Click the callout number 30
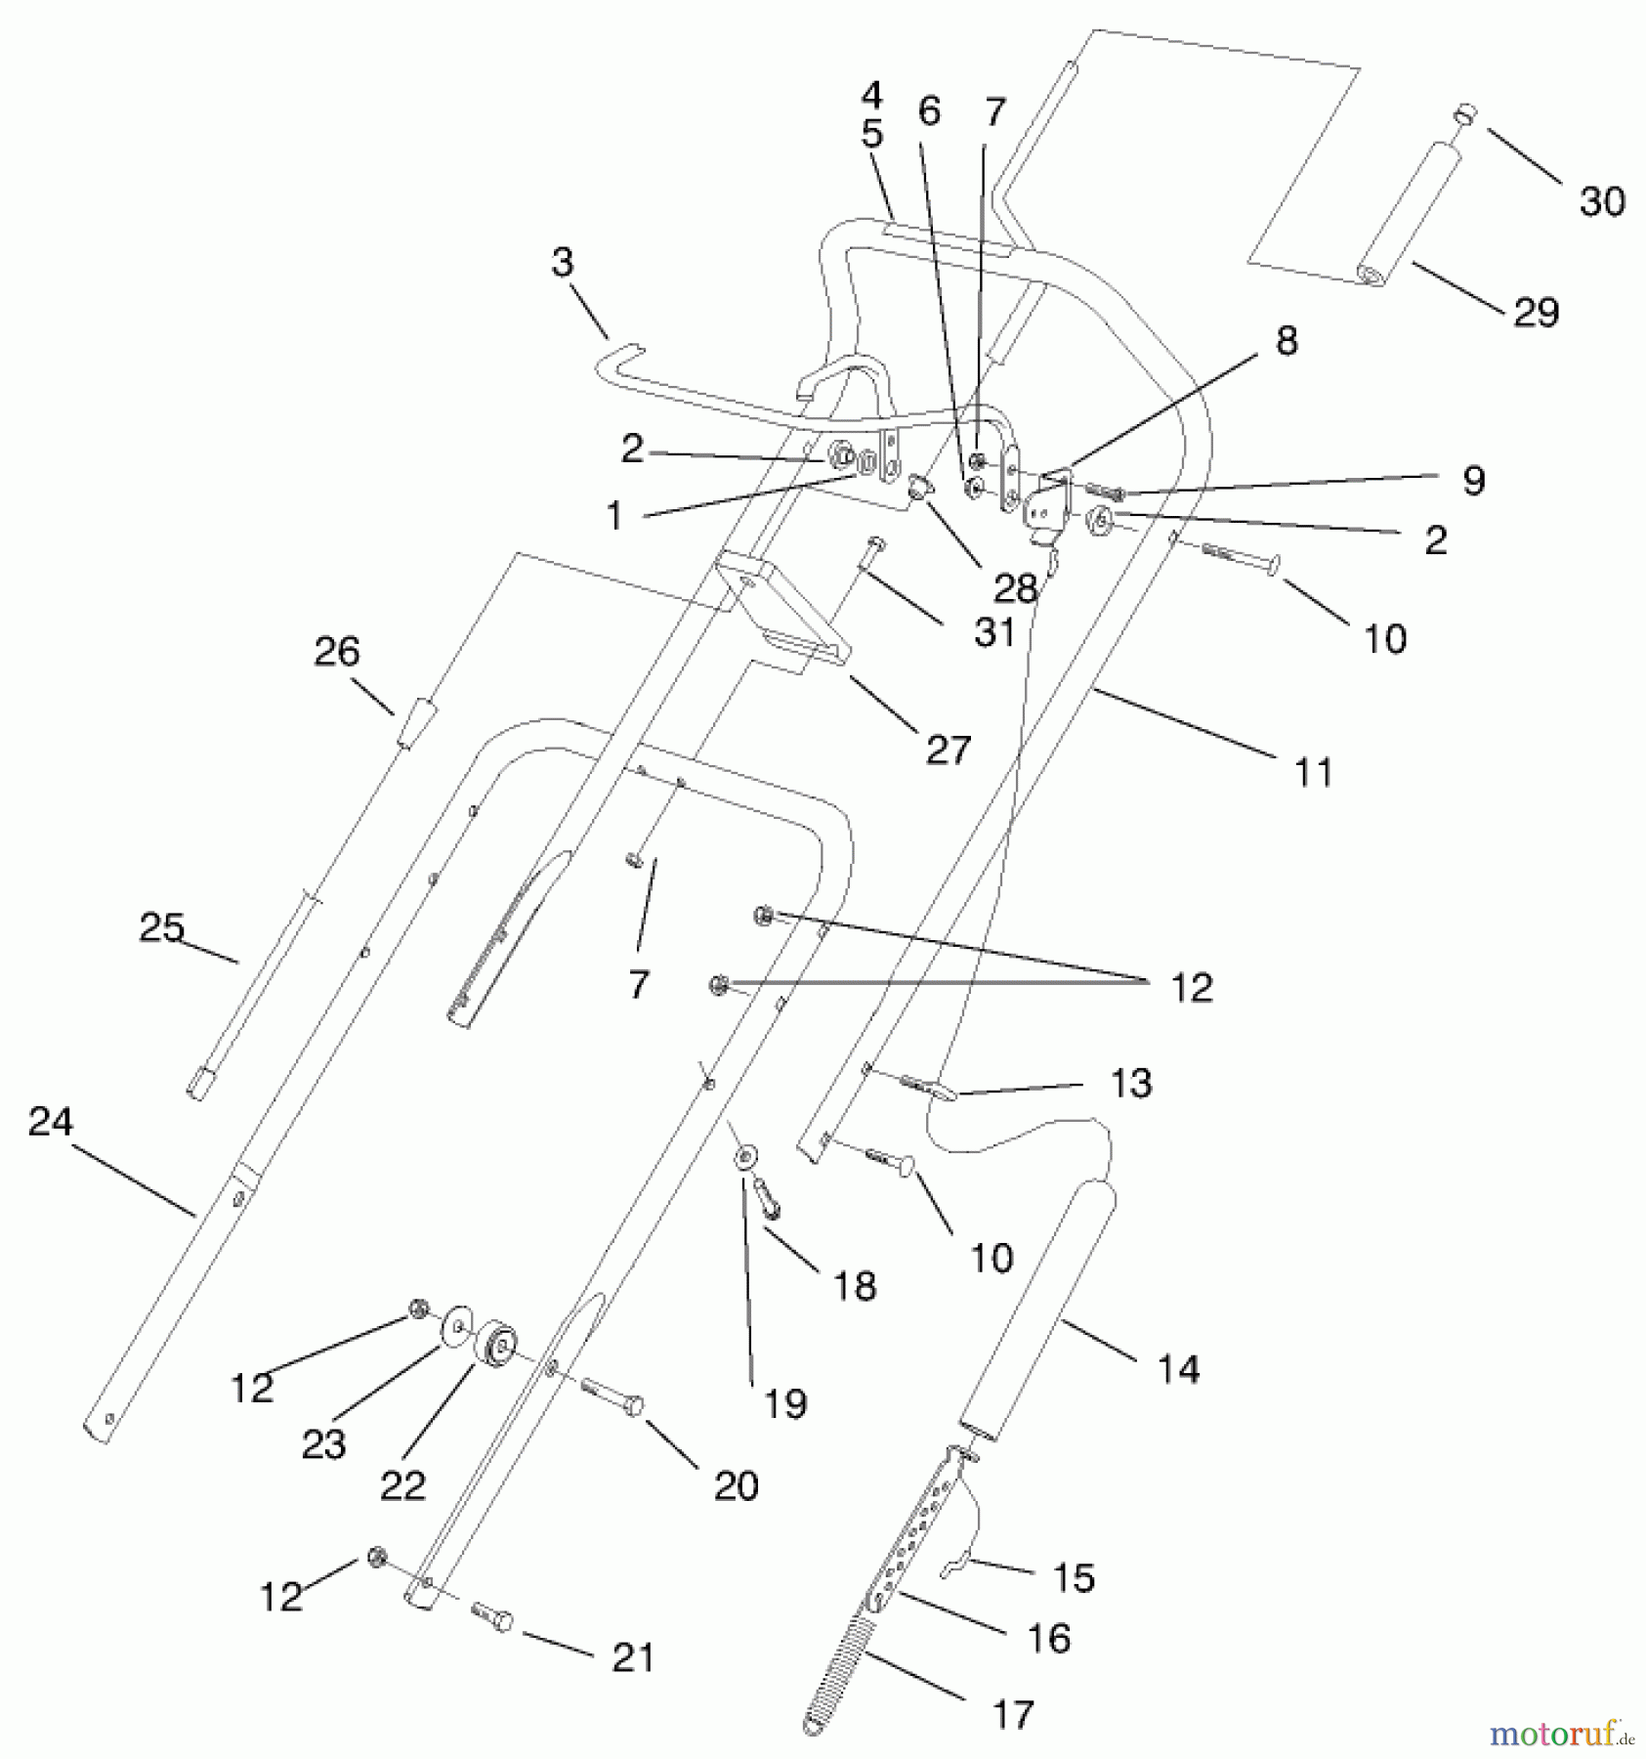pos(1601,201)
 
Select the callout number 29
pos(1535,313)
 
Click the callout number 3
pos(563,262)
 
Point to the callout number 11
pos(1313,773)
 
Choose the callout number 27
pos(948,751)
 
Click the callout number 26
pos(337,652)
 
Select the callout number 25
pos(161,927)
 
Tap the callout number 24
pos(50,1122)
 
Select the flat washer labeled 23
pos(455,1329)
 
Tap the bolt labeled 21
pos(492,1616)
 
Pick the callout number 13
pos(1131,1083)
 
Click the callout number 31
pos(994,632)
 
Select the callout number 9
pos(1473,480)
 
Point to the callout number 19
pos(785,1404)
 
